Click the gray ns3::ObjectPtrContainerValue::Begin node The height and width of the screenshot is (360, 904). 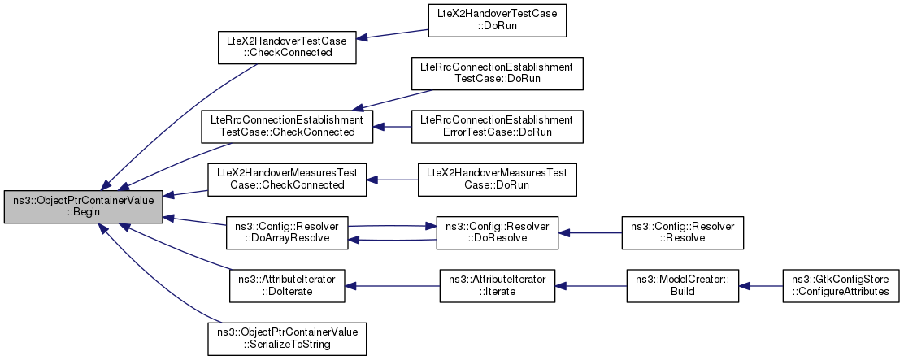click(84, 206)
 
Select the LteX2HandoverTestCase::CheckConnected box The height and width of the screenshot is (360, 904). click(286, 47)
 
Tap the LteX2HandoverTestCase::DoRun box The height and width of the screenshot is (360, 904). click(497, 20)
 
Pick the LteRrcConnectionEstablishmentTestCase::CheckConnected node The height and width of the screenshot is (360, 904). click(287, 127)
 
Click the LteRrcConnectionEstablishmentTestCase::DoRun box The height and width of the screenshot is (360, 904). click(497, 73)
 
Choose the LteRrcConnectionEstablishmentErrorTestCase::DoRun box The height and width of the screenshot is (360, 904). click(497, 127)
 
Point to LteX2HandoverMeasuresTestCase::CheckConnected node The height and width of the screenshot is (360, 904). click(287, 180)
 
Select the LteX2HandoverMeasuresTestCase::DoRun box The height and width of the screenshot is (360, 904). click(497, 180)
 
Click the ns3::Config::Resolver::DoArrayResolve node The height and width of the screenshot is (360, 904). click(287, 232)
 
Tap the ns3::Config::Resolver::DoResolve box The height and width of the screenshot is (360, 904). click(497, 232)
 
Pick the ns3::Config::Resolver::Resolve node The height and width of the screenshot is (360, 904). click(683, 232)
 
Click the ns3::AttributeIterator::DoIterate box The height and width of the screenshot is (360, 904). click(287, 286)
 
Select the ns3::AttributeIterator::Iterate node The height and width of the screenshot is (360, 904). click(497, 286)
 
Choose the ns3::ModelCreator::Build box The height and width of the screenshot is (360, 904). click(683, 286)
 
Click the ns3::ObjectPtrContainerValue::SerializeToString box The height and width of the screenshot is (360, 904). click(287, 339)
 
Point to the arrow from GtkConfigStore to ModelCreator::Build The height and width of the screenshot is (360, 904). click(760, 286)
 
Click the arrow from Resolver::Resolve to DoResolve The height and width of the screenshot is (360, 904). click(589, 232)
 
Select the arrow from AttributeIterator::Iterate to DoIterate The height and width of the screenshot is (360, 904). click(392, 286)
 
